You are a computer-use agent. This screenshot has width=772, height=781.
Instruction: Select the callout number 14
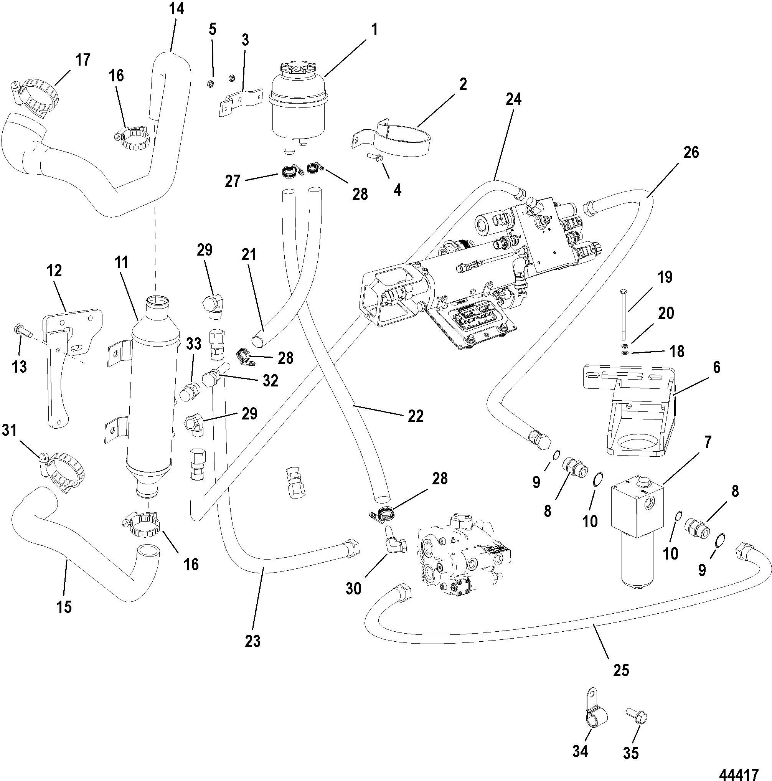[x=177, y=9]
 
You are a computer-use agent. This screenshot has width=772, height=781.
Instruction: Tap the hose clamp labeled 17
[x=36, y=98]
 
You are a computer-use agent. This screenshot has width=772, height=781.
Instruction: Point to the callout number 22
[x=415, y=416]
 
